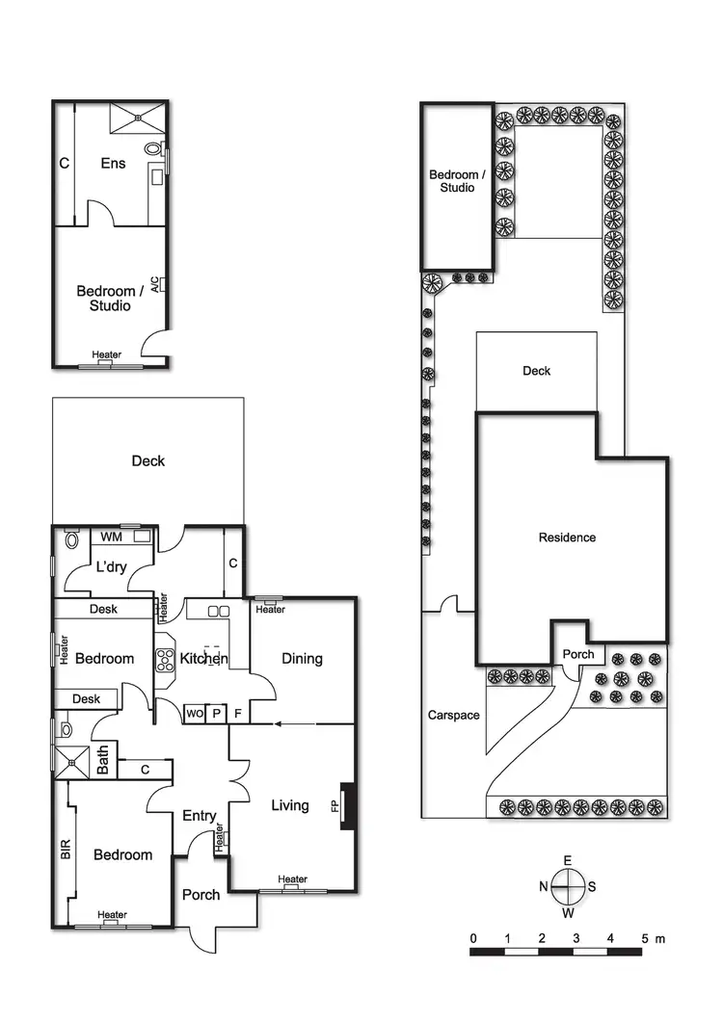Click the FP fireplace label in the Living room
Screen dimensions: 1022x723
pyautogui.click(x=336, y=805)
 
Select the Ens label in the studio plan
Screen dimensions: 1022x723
pyautogui.click(x=114, y=164)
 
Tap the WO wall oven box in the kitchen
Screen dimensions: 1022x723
pyautogui.click(x=194, y=714)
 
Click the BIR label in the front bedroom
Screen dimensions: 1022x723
pyautogui.click(x=66, y=849)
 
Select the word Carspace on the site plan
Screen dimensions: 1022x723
pyautogui.click(x=452, y=716)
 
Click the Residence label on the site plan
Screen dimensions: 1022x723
pyautogui.click(x=567, y=537)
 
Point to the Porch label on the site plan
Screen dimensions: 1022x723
pyautogui.click(x=578, y=655)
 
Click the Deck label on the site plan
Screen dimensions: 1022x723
pyautogui.click(x=536, y=371)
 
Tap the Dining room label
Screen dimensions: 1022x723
pyautogui.click(x=302, y=659)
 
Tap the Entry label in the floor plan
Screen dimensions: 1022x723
pyautogui.click(x=200, y=816)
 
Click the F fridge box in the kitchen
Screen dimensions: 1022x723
pyautogui.click(x=237, y=714)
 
